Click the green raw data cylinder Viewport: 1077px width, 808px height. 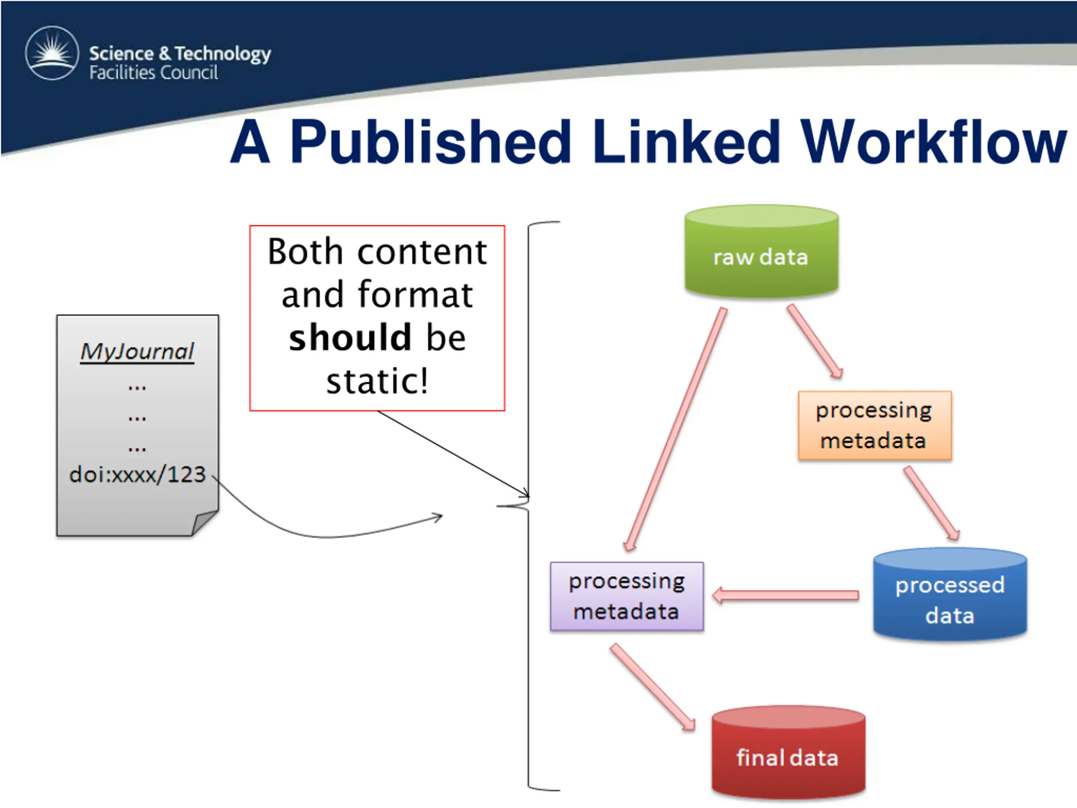(761, 251)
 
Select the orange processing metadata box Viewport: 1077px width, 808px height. (875, 425)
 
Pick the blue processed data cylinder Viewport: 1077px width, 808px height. (950, 594)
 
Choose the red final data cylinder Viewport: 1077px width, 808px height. (788, 752)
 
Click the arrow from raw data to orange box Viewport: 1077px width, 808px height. (815, 341)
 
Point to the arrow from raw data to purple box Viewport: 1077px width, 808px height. (676, 429)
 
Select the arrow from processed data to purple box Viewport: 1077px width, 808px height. (785, 595)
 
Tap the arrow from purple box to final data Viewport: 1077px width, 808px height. (653, 687)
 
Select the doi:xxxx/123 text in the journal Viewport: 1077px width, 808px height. (138, 474)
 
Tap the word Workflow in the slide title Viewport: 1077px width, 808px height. (934, 142)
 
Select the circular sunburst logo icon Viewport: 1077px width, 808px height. (52, 53)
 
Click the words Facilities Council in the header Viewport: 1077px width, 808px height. (154, 72)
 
